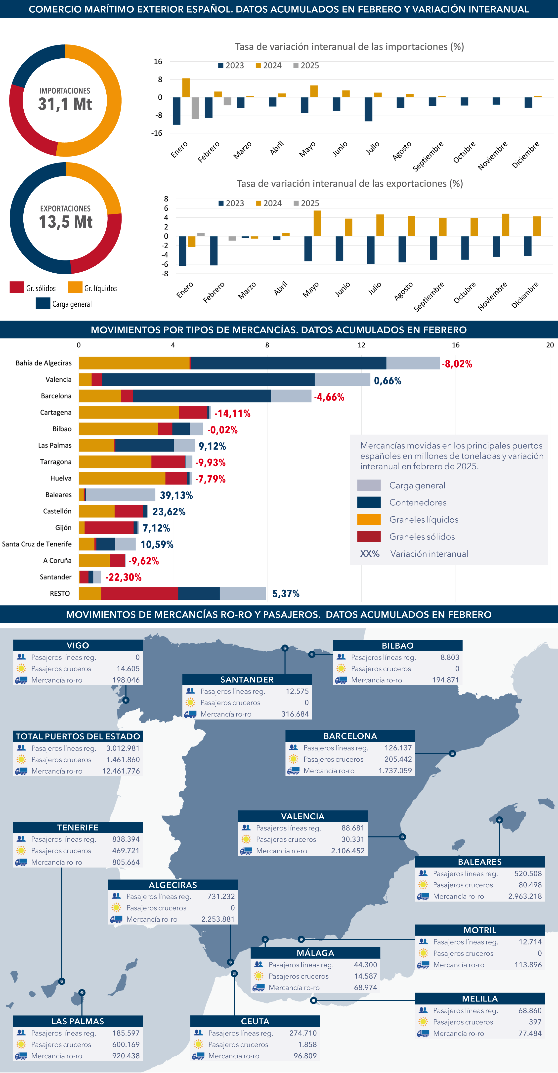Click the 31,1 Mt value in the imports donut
[x=65, y=104]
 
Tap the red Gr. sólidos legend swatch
[x=17, y=288]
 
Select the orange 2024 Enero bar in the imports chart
[x=186, y=88]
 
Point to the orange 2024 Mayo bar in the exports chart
[x=317, y=223]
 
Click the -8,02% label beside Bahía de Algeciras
[x=457, y=364]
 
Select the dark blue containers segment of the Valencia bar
[x=208, y=379]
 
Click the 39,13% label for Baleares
[x=176, y=495]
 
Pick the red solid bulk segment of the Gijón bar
[x=109, y=528]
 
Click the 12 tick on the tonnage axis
[x=361, y=345]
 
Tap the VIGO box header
[x=78, y=645]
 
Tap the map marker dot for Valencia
[x=402, y=837]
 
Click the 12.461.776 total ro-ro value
[x=121, y=771]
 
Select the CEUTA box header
[x=255, y=1021]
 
